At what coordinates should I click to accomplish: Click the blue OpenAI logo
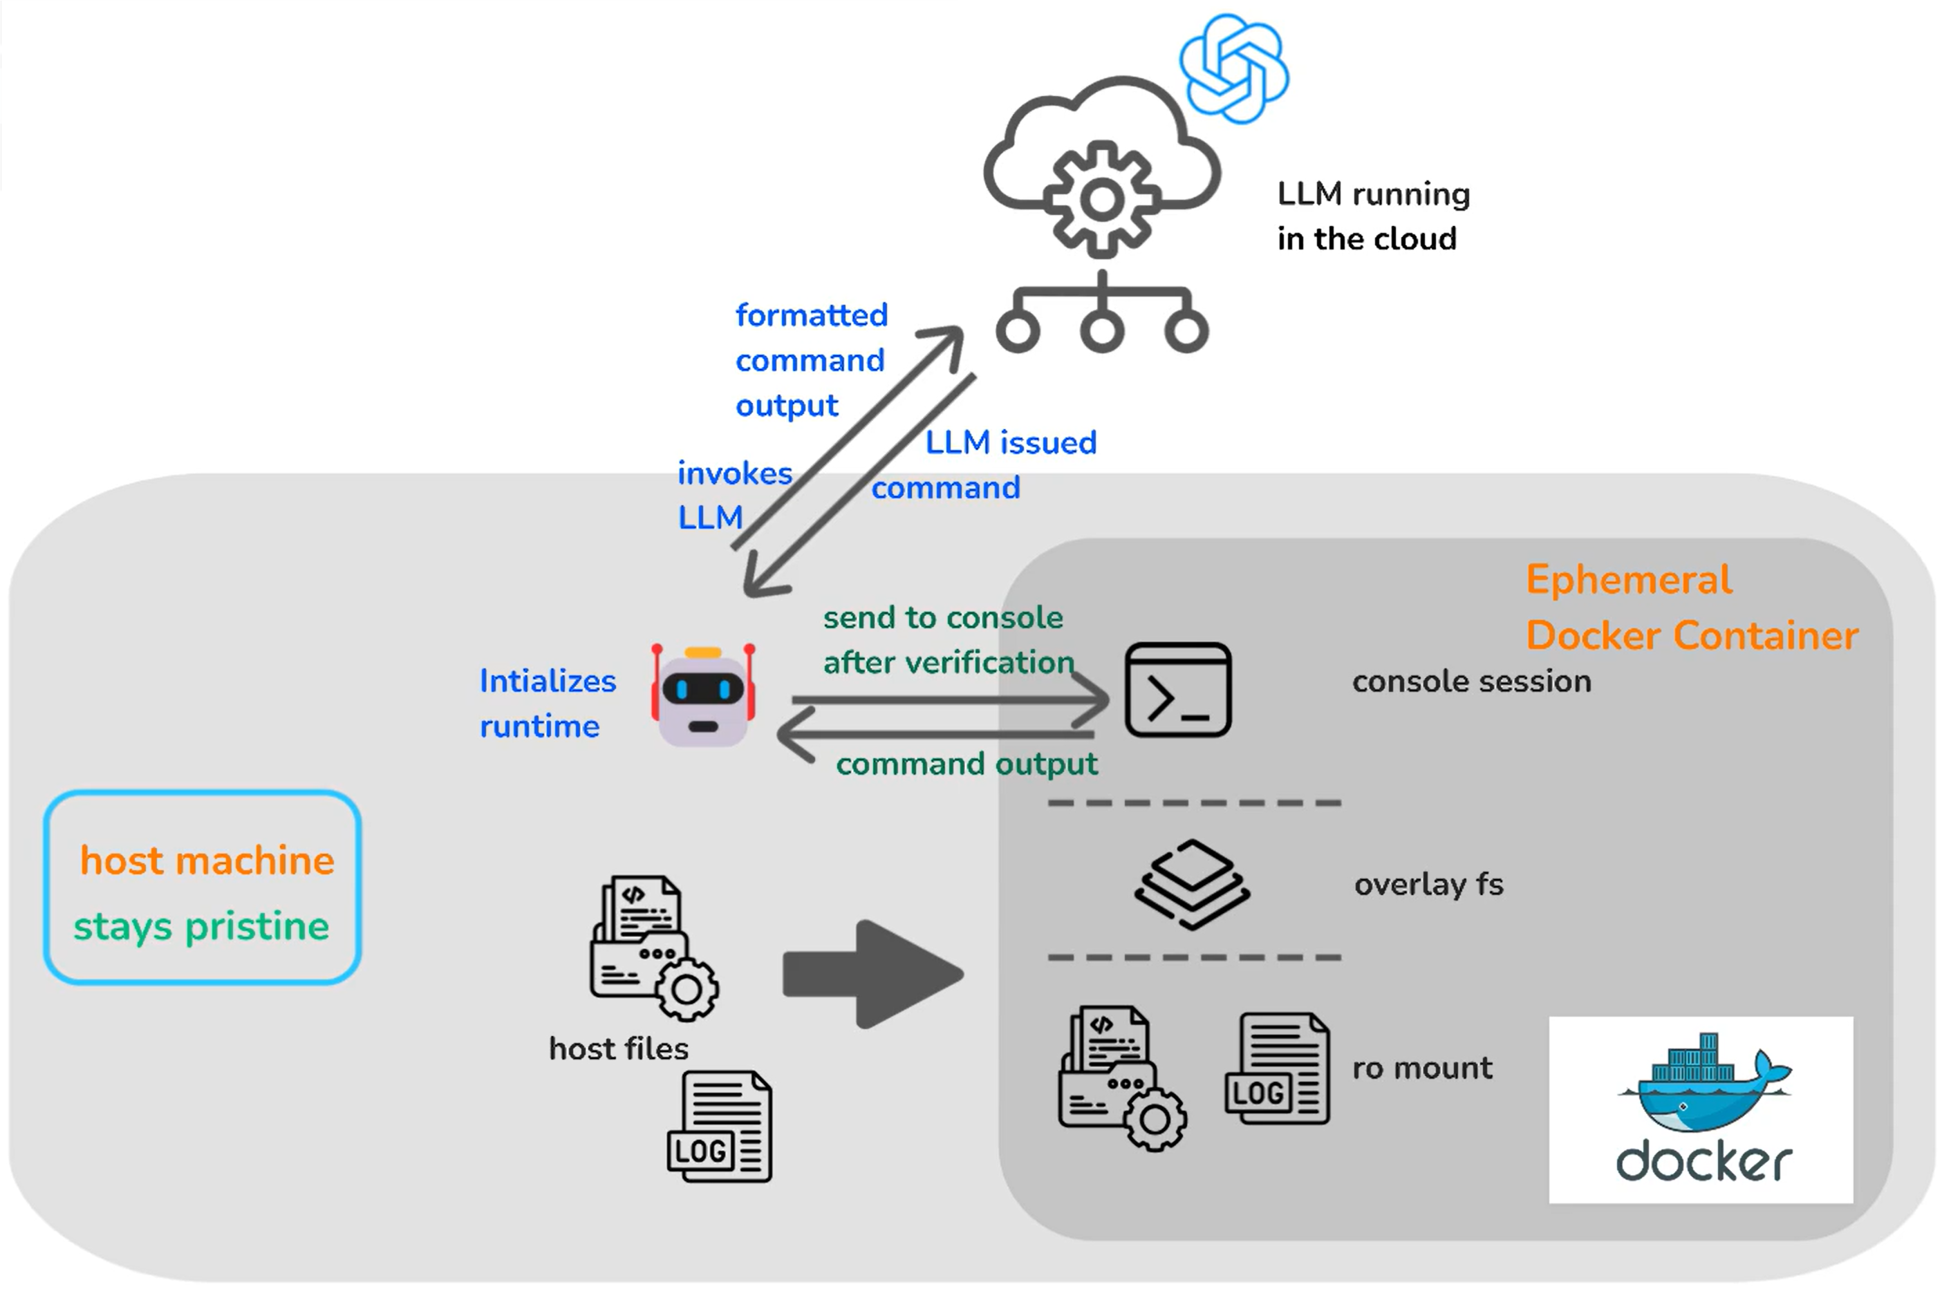click(x=1233, y=68)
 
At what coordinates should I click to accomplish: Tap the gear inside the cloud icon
click(x=1102, y=200)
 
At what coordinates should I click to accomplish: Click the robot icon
click(x=703, y=695)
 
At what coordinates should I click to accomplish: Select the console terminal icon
click(x=1177, y=690)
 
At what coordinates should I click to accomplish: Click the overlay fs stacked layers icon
click(x=1192, y=885)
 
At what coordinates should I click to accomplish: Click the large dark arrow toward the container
click(x=873, y=974)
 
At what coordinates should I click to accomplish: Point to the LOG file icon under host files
click(x=720, y=1126)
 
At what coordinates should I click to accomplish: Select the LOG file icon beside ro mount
click(x=1277, y=1068)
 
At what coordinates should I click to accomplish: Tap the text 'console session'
click(x=1472, y=681)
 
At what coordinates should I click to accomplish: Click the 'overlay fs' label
click(x=1429, y=885)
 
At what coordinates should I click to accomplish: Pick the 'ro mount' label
click(x=1422, y=1068)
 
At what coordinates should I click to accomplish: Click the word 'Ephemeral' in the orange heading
click(x=1629, y=581)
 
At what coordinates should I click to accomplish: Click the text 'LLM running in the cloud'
click(x=1373, y=216)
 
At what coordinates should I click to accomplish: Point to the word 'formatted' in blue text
click(x=812, y=315)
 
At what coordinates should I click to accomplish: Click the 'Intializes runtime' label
click(x=548, y=704)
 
